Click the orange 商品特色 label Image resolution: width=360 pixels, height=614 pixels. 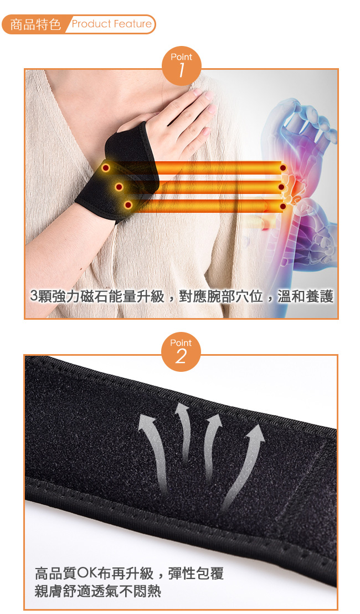pyautogui.click(x=35, y=24)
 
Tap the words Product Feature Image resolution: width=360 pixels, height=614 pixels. pyautogui.click(x=111, y=24)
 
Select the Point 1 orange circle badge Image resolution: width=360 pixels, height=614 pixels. pyautogui.click(x=181, y=66)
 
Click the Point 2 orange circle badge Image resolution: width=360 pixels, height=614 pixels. pyautogui.click(x=181, y=352)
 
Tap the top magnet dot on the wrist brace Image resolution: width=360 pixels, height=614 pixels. pyautogui.click(x=105, y=168)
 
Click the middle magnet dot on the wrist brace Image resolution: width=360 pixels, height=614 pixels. pyautogui.click(x=119, y=187)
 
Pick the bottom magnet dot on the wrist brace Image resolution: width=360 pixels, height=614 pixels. pyautogui.click(x=127, y=204)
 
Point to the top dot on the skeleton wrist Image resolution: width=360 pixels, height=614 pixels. pyautogui.click(x=283, y=168)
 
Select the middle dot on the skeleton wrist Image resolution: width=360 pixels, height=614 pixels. pyautogui.click(x=281, y=187)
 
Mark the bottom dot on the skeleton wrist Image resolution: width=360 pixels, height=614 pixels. pyautogui.click(x=283, y=206)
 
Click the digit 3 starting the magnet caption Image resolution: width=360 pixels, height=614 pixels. pyautogui.click(x=34, y=296)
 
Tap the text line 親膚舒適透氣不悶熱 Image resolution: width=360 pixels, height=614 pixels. pyautogui.click(x=98, y=591)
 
